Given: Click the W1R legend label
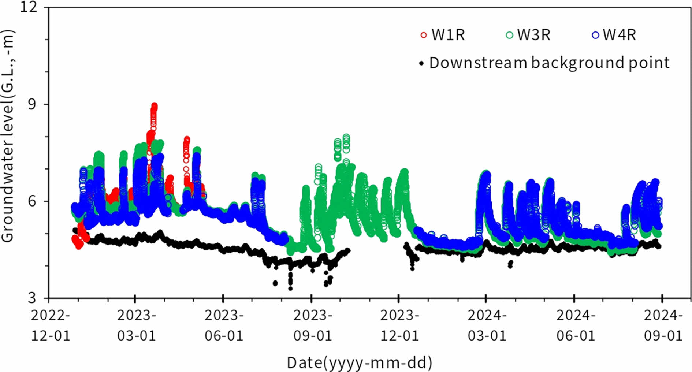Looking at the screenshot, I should pos(448,35).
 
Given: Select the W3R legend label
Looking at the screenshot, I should pos(533,35).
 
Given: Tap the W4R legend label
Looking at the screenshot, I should pos(619,35).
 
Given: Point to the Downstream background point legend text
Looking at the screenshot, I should pos(549,63).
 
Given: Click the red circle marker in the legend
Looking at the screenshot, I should pos(424,36).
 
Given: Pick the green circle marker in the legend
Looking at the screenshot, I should pos(509,36).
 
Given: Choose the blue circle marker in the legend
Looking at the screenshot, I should pos(595,36).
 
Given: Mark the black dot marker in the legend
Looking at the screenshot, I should pos(421,63).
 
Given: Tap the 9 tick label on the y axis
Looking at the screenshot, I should pos(33,104).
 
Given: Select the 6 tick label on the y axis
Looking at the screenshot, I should pos(33,201).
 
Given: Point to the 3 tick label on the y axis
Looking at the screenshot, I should pos(33,298).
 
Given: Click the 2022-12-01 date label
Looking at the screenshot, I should pos(50,325).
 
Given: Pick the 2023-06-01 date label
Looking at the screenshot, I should pos(224,325).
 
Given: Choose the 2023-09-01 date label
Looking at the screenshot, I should pos(312,325).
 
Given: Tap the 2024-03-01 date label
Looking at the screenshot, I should pos(487,325).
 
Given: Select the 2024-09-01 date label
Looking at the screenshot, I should pos(663,325).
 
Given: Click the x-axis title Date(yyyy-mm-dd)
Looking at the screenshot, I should pos(359,362).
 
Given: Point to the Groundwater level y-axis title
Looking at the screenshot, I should pos(8,135).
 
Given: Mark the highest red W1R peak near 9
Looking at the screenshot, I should pos(154,106).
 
